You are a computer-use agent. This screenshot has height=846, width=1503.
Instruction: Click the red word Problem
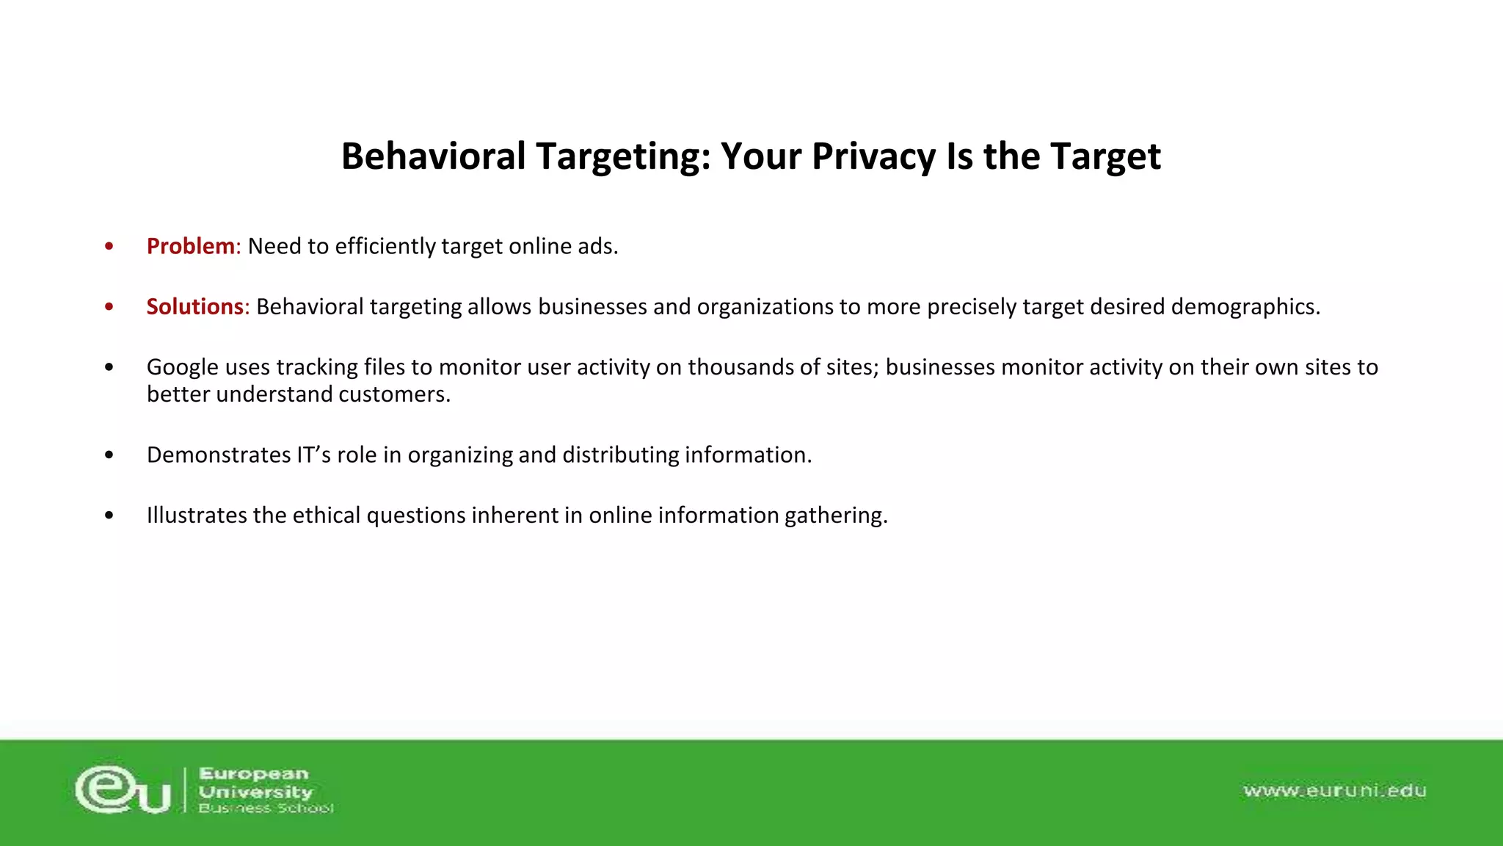coord(190,246)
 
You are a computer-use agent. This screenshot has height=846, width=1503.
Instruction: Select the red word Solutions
coord(194,306)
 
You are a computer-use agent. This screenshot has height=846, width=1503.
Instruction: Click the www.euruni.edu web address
coord(1334,791)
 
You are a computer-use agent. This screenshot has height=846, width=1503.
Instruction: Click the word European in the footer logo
coord(254,773)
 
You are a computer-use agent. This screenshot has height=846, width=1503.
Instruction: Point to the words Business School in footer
coord(266,809)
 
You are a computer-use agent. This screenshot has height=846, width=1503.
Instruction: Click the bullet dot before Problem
coord(109,246)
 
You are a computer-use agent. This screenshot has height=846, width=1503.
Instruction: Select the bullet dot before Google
coord(109,367)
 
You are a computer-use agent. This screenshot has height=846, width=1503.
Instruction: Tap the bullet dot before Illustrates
coord(109,515)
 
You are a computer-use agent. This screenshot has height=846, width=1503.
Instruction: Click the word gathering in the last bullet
coord(835,515)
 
